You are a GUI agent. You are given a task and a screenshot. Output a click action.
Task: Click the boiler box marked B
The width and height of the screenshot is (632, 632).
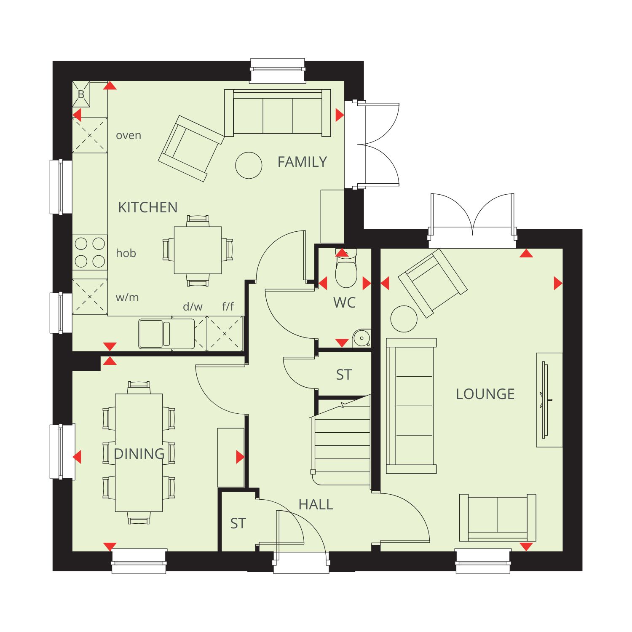click(81, 94)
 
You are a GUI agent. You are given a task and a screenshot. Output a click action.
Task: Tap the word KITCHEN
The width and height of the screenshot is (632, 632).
click(148, 207)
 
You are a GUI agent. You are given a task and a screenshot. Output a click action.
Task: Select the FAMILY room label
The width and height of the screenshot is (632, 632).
click(302, 162)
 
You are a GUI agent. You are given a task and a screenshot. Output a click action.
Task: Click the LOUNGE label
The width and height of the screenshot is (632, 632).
click(485, 394)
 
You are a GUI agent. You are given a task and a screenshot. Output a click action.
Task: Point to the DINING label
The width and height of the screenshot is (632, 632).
click(139, 454)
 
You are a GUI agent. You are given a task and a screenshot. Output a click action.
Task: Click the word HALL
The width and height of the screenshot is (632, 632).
click(316, 504)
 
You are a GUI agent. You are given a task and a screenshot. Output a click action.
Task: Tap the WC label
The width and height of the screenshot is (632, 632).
click(345, 303)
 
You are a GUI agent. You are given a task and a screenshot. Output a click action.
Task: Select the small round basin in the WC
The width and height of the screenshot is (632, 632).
click(361, 337)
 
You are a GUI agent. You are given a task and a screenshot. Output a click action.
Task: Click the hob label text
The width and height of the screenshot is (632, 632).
click(126, 253)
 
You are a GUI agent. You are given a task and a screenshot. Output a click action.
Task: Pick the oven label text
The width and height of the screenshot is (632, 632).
click(129, 136)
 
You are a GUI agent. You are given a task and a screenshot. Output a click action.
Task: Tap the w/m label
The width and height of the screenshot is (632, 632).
click(127, 297)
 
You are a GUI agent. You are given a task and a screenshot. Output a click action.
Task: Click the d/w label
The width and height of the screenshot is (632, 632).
click(193, 307)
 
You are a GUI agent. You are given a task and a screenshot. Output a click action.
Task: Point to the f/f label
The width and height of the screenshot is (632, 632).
click(228, 306)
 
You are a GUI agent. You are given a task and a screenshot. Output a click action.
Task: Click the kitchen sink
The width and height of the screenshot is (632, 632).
click(167, 334)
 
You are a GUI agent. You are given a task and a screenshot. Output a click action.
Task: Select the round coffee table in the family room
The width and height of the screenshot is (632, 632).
click(249, 165)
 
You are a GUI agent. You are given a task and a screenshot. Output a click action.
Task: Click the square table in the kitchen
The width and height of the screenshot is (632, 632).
click(198, 250)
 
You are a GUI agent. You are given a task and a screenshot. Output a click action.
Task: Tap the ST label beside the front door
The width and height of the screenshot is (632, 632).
click(238, 523)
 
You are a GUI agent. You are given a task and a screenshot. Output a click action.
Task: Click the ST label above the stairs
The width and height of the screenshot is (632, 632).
click(344, 375)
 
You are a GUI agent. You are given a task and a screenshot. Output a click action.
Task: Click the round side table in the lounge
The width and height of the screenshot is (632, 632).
click(404, 319)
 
